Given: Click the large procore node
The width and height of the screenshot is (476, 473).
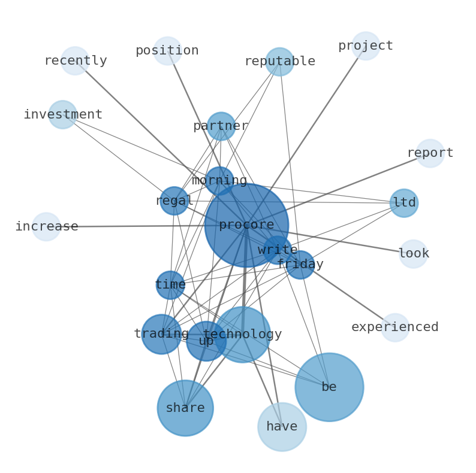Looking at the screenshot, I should (x=246, y=226).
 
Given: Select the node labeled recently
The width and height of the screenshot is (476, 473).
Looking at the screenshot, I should (x=75, y=61).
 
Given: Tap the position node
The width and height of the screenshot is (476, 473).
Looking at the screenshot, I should (x=167, y=51).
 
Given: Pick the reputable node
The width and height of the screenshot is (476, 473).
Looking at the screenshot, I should (x=279, y=62).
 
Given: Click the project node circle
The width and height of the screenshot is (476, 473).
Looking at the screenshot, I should (x=366, y=46).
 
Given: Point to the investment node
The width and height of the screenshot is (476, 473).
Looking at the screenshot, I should (x=62, y=114).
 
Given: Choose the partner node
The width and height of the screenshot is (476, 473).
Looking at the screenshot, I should (x=221, y=126).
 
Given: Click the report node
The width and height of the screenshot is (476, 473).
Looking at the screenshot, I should (x=430, y=153).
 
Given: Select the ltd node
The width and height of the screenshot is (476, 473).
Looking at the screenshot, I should (x=404, y=203).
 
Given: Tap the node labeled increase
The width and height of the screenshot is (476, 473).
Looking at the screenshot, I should (x=46, y=227).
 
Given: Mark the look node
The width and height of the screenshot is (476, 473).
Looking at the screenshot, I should (x=413, y=254).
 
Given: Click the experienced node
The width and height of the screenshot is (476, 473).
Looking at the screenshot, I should (x=395, y=328).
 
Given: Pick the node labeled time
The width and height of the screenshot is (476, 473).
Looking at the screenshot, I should (x=170, y=285).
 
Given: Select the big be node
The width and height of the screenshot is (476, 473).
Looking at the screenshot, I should (x=329, y=387).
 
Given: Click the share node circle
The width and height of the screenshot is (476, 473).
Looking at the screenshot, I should (x=185, y=408).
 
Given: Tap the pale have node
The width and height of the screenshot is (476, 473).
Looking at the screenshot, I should (x=282, y=427).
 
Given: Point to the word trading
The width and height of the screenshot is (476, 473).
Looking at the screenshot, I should (x=161, y=334).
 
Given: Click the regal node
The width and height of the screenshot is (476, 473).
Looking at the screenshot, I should (x=174, y=201).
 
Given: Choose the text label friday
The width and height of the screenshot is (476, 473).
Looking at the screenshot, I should (x=300, y=265).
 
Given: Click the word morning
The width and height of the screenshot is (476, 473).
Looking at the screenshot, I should (x=219, y=181).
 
